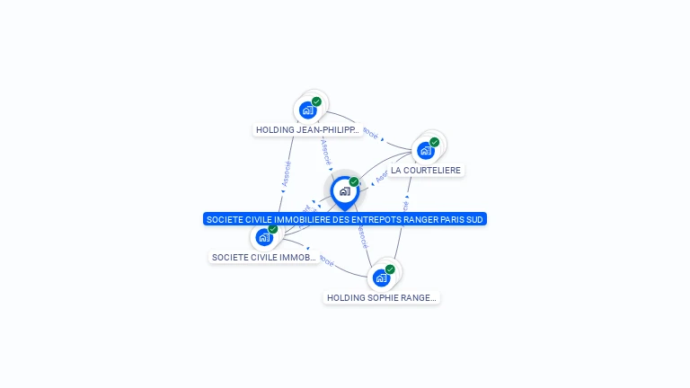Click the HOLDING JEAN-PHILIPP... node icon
coord(308,110)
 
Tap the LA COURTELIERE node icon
coord(426,150)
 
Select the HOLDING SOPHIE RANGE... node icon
coord(381,278)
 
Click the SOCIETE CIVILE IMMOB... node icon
coord(264,237)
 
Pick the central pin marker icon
coord(344,191)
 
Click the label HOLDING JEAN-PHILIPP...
coord(307,130)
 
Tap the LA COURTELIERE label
coord(426,170)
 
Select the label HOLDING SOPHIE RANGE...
coord(382,297)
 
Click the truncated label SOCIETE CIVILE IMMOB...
coord(264,258)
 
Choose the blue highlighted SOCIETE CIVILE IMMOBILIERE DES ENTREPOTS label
coord(345,219)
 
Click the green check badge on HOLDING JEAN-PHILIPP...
coord(317,101)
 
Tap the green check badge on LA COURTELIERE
coord(435,142)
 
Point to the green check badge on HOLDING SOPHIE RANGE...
coord(390,269)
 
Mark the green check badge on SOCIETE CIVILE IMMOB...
coord(273,229)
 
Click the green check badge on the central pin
coord(354,182)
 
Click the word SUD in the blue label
coord(473,219)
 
